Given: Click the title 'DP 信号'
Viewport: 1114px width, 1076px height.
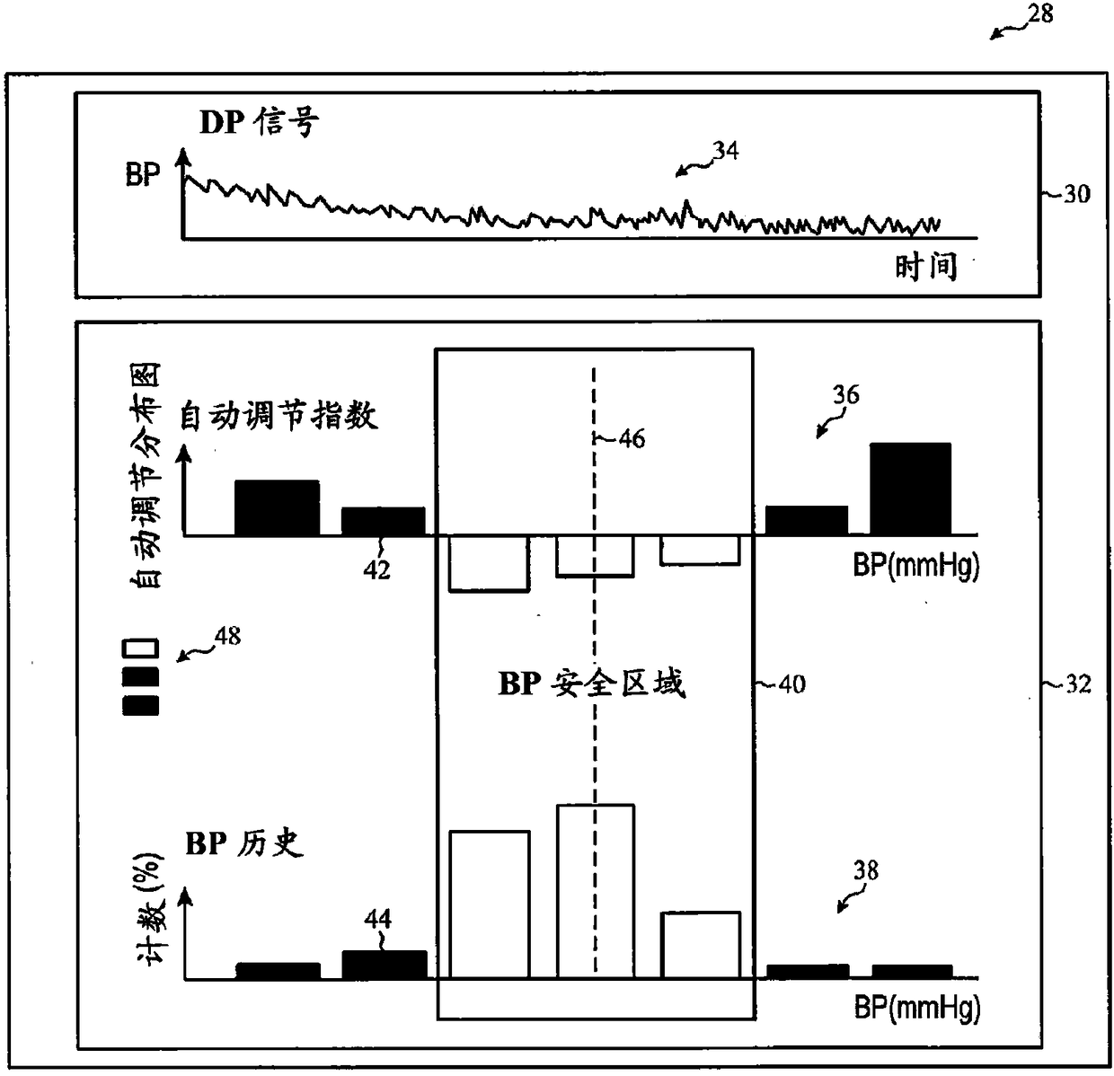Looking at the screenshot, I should (259, 122).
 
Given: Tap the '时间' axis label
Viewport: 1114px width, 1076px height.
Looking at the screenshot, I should (925, 267).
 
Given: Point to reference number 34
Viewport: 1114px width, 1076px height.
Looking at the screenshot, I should (725, 151).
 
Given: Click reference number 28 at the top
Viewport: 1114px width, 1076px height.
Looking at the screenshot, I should (1039, 14).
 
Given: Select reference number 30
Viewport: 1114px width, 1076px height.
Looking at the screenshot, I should (1075, 194).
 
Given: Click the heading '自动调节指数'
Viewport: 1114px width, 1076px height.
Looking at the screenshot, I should (278, 416).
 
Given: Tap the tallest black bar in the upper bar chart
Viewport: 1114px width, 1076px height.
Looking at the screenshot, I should (910, 489).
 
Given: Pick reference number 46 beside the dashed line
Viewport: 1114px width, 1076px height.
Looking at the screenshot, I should (632, 439).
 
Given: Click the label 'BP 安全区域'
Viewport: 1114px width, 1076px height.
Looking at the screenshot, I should (592, 684).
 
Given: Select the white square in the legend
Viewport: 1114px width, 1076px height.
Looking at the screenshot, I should (140, 648).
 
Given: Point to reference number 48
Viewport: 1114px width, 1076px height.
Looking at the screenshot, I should (227, 637).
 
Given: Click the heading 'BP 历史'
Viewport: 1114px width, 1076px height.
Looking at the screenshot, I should (244, 844).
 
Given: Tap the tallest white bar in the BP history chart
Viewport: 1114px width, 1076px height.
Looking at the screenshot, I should (596, 890).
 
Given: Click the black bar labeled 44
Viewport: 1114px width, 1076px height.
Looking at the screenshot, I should (385, 965).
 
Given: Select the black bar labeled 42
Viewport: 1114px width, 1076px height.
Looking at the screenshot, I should (383, 521).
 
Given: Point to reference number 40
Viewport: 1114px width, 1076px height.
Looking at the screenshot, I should (791, 684).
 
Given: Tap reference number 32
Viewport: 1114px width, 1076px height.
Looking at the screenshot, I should (1077, 684).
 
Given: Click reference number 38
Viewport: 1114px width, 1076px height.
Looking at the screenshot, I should (866, 870).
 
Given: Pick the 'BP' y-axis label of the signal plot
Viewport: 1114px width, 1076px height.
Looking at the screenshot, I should (143, 174).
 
